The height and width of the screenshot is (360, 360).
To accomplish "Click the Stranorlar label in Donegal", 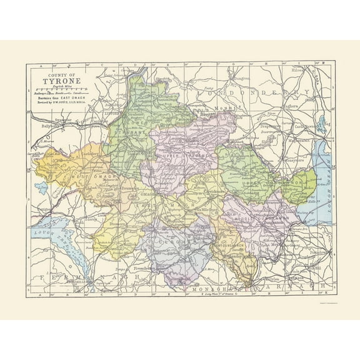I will [x=61, y=118].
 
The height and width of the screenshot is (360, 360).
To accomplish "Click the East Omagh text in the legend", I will [x=78, y=97].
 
